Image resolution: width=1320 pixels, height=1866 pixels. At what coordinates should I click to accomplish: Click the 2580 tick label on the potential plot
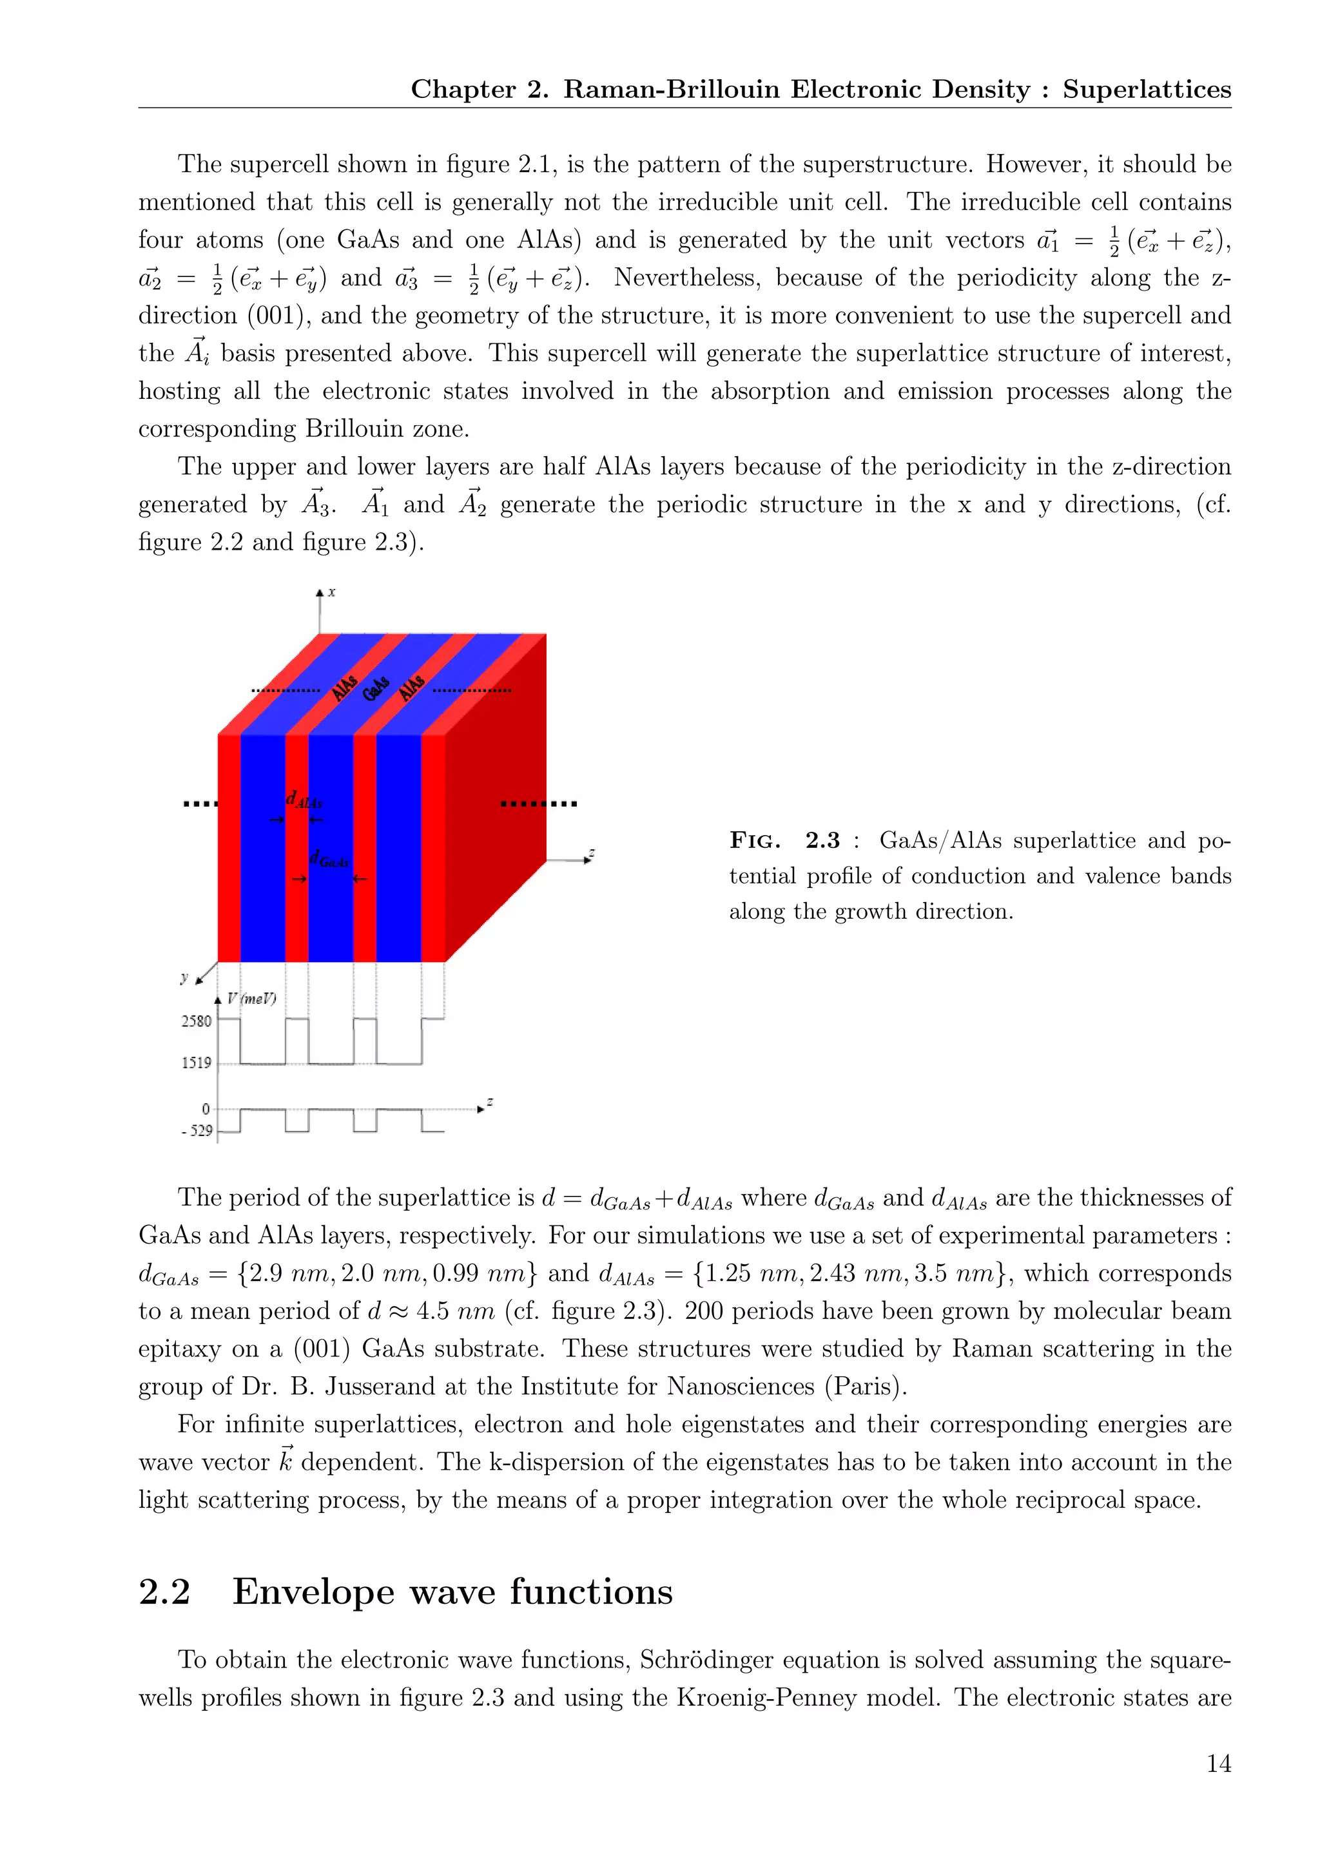click(x=196, y=1021)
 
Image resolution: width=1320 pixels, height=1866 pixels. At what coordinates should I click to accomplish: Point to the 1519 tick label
click(x=196, y=1063)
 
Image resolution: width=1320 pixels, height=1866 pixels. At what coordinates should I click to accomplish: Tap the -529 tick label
click(x=197, y=1131)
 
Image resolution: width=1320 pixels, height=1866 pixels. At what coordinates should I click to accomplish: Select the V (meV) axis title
click(x=251, y=999)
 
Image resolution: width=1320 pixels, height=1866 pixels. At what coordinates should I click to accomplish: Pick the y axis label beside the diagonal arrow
click(x=184, y=977)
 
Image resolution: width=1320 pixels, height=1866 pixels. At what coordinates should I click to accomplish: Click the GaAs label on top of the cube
click(x=376, y=688)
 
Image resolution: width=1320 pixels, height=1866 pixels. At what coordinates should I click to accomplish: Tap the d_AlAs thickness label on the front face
click(x=304, y=800)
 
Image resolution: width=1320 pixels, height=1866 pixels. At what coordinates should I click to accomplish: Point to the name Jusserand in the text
click(x=386, y=1386)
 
